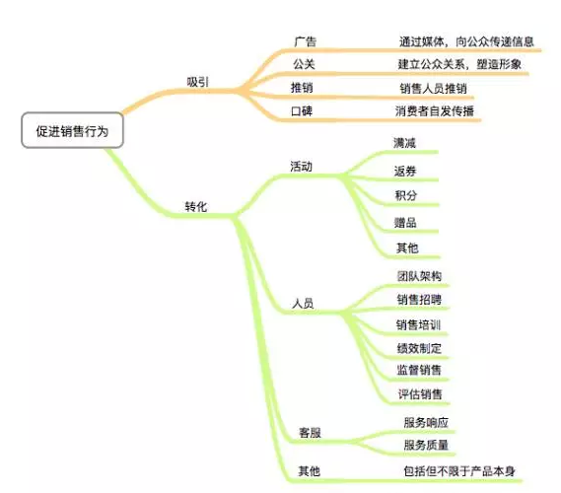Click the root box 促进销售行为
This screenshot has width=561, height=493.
(72, 130)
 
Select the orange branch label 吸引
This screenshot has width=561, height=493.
(197, 82)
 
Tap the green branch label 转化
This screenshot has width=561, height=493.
(196, 206)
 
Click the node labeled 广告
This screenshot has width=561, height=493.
(306, 41)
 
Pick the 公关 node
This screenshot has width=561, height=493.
(304, 64)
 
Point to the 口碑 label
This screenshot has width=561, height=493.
(302, 110)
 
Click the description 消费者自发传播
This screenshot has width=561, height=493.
(435, 110)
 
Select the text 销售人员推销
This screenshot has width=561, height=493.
(433, 88)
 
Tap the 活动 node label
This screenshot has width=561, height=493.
(302, 167)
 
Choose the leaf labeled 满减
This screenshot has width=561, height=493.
(404, 143)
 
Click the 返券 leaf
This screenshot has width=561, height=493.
(405, 171)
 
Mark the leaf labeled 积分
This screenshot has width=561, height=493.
(406, 195)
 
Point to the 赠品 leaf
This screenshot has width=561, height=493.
(405, 223)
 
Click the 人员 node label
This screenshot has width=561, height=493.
(303, 304)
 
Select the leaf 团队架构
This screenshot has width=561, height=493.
(419, 276)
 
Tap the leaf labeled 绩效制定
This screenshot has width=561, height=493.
(419, 348)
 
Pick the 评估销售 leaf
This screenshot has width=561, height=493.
(420, 393)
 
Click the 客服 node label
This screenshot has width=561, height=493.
(311, 433)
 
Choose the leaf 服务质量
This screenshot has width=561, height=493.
(426, 445)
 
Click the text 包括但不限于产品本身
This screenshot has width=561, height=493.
(459, 471)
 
